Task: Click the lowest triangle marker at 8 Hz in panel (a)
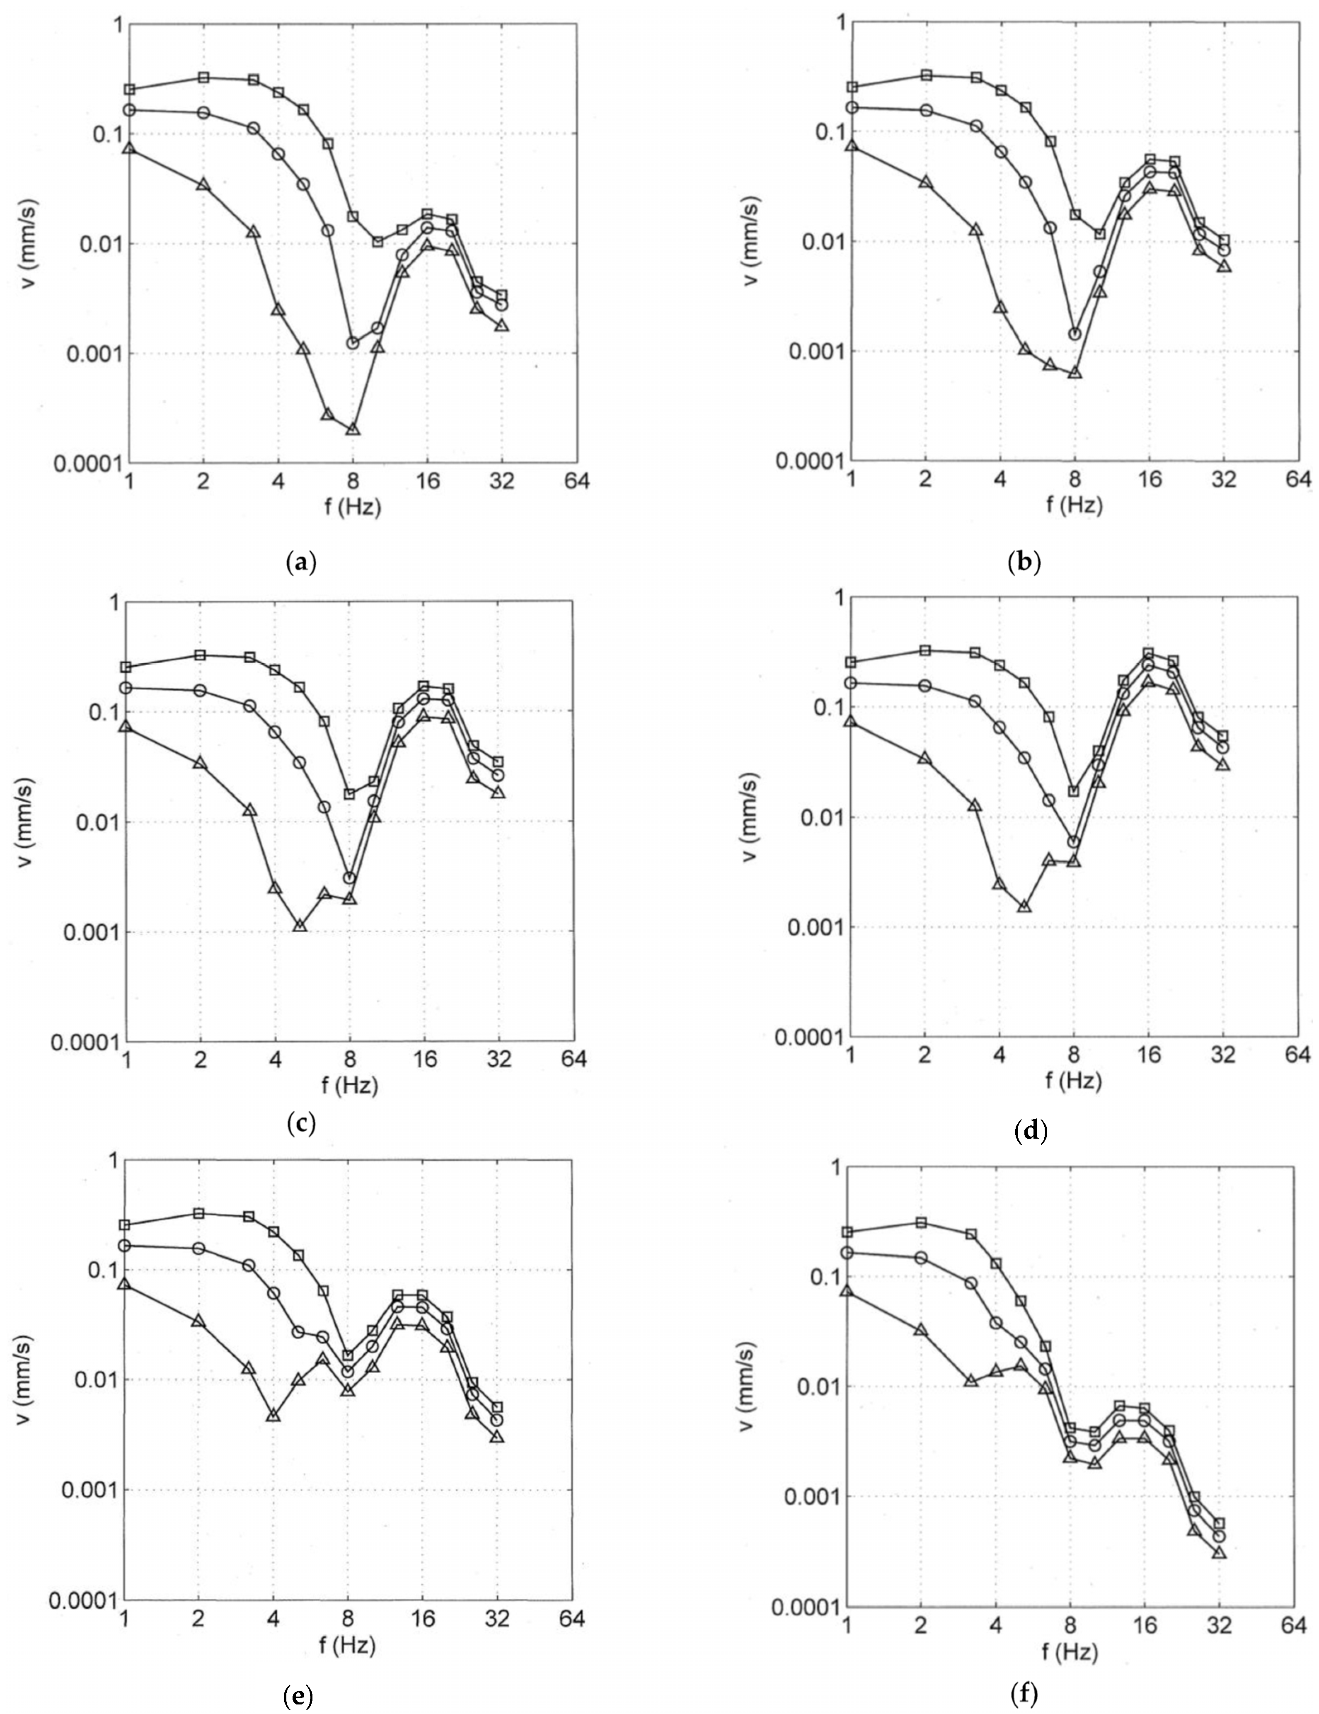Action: [x=352, y=429]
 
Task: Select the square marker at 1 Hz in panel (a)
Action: [x=129, y=90]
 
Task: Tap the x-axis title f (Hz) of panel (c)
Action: [x=350, y=1085]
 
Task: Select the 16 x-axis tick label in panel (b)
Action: [x=1150, y=479]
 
